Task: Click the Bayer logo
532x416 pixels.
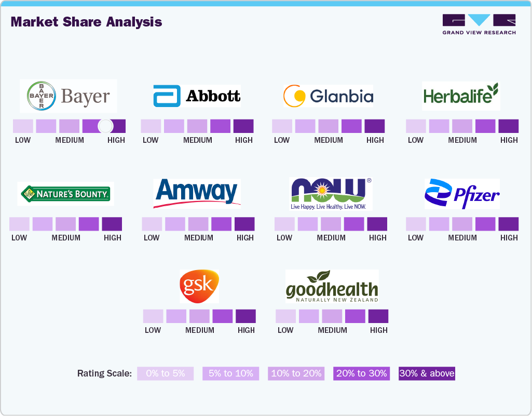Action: click(x=69, y=96)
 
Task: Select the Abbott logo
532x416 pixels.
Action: click(x=197, y=96)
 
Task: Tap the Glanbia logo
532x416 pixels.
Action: click(x=328, y=96)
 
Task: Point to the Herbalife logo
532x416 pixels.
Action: click(x=461, y=95)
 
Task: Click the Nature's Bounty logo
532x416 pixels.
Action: click(x=65, y=194)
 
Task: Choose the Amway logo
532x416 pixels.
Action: click(x=197, y=193)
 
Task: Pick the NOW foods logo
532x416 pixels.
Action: click(x=331, y=194)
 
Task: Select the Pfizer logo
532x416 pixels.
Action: click(x=461, y=194)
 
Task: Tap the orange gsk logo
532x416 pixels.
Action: click(x=199, y=286)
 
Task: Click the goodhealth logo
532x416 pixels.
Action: click(x=332, y=286)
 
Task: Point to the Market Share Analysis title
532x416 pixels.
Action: click(x=86, y=22)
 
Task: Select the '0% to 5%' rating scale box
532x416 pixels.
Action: click(x=165, y=373)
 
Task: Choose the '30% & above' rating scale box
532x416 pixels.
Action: click(x=427, y=373)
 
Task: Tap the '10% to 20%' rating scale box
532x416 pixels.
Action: click(x=296, y=373)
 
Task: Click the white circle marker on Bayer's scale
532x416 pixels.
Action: click(x=105, y=126)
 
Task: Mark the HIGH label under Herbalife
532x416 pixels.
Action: click(x=509, y=140)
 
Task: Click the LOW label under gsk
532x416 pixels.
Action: click(x=153, y=330)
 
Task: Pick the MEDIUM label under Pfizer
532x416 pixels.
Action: click(x=462, y=237)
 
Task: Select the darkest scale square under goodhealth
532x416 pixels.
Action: click(x=378, y=316)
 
